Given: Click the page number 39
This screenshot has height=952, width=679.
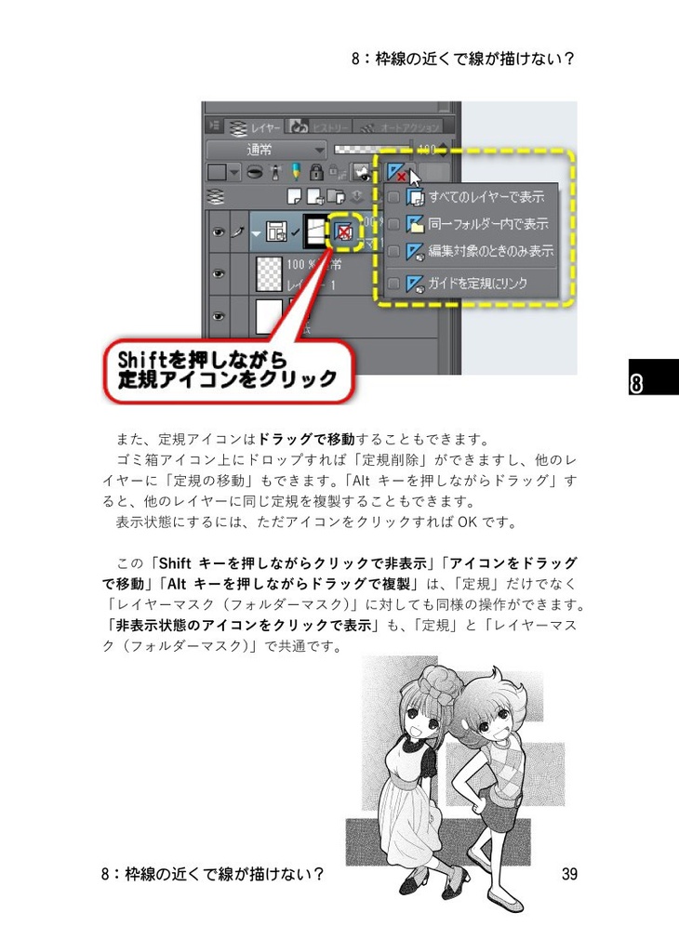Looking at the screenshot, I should pos(570,874).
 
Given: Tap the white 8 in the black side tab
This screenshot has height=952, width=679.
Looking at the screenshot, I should pos(638,384).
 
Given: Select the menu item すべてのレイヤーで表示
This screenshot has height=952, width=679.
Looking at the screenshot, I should pos(486,197).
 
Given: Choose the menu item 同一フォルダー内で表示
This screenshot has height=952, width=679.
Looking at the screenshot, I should pos(487,224).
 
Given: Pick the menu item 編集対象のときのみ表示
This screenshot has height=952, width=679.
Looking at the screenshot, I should pos(490,251).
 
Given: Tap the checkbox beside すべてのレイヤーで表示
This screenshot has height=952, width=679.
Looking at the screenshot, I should pos(393,197).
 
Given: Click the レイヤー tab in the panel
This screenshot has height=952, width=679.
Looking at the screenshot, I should pos(251,126).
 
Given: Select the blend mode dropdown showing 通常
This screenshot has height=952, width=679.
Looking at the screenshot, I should pos(265,149).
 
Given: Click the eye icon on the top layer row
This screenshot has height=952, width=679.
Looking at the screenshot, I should pos(219,232).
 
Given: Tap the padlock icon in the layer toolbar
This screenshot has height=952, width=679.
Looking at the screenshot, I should pos(316,172).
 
